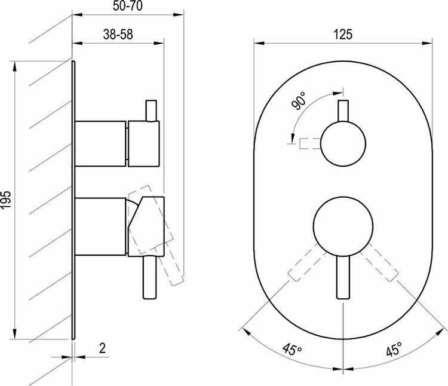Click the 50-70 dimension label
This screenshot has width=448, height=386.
[x=127, y=6]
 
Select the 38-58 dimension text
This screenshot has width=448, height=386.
[x=118, y=35]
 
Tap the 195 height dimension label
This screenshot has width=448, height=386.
[x=6, y=199]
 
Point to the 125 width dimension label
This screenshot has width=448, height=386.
[x=343, y=34]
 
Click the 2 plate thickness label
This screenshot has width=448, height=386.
[x=102, y=348]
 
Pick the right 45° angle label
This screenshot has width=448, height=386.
[x=394, y=349]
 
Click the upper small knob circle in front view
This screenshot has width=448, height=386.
[x=343, y=144]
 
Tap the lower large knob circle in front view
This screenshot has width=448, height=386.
[x=343, y=226]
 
